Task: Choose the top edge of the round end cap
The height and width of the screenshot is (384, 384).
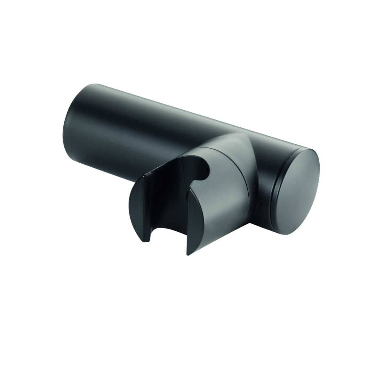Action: tap(304, 150)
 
